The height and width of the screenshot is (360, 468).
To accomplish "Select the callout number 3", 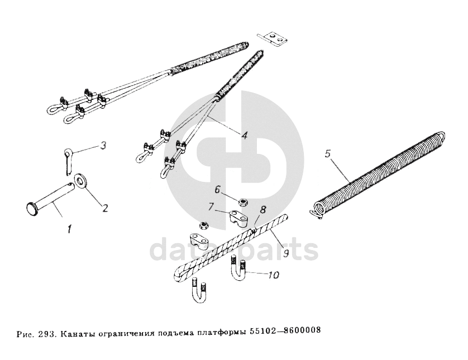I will click(x=103, y=146).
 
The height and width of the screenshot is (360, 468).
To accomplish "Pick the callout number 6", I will click(x=218, y=189).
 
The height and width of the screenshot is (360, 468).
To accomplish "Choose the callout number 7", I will click(x=211, y=207).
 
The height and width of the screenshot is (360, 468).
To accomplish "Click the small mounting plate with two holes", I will click(x=273, y=37).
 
